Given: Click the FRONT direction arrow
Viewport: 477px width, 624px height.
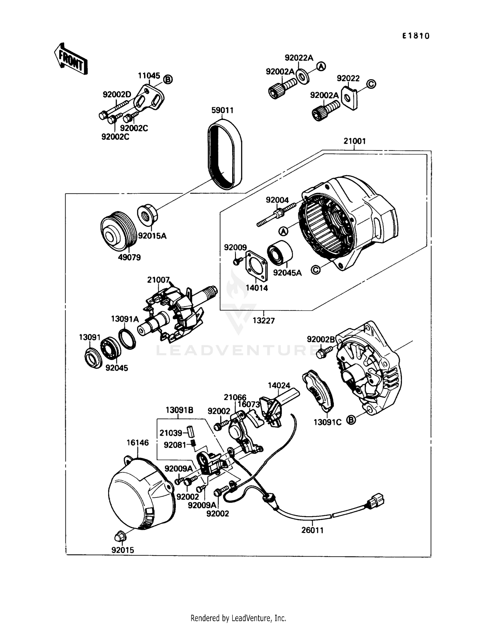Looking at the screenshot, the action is [x=71, y=59].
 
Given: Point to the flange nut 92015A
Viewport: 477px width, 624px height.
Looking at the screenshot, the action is [x=147, y=214].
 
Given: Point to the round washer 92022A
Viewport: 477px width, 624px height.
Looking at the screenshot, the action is [x=302, y=77].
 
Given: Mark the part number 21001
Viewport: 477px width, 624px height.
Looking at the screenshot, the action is [x=355, y=141].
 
